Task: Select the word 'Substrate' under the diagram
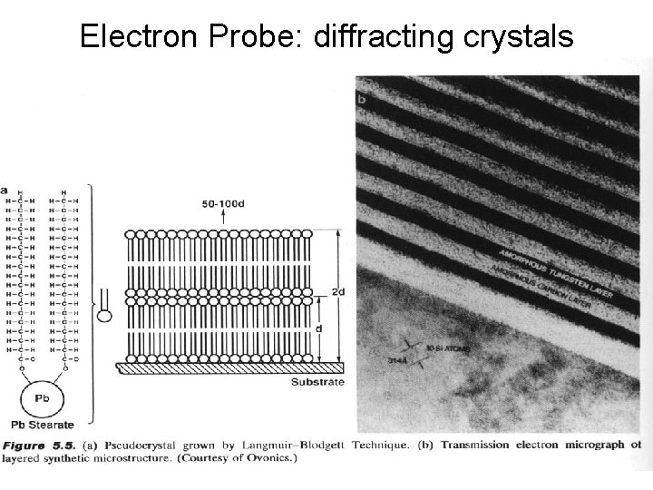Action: coord(317,383)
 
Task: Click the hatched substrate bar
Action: coord(230,367)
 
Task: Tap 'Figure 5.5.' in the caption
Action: coord(35,445)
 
